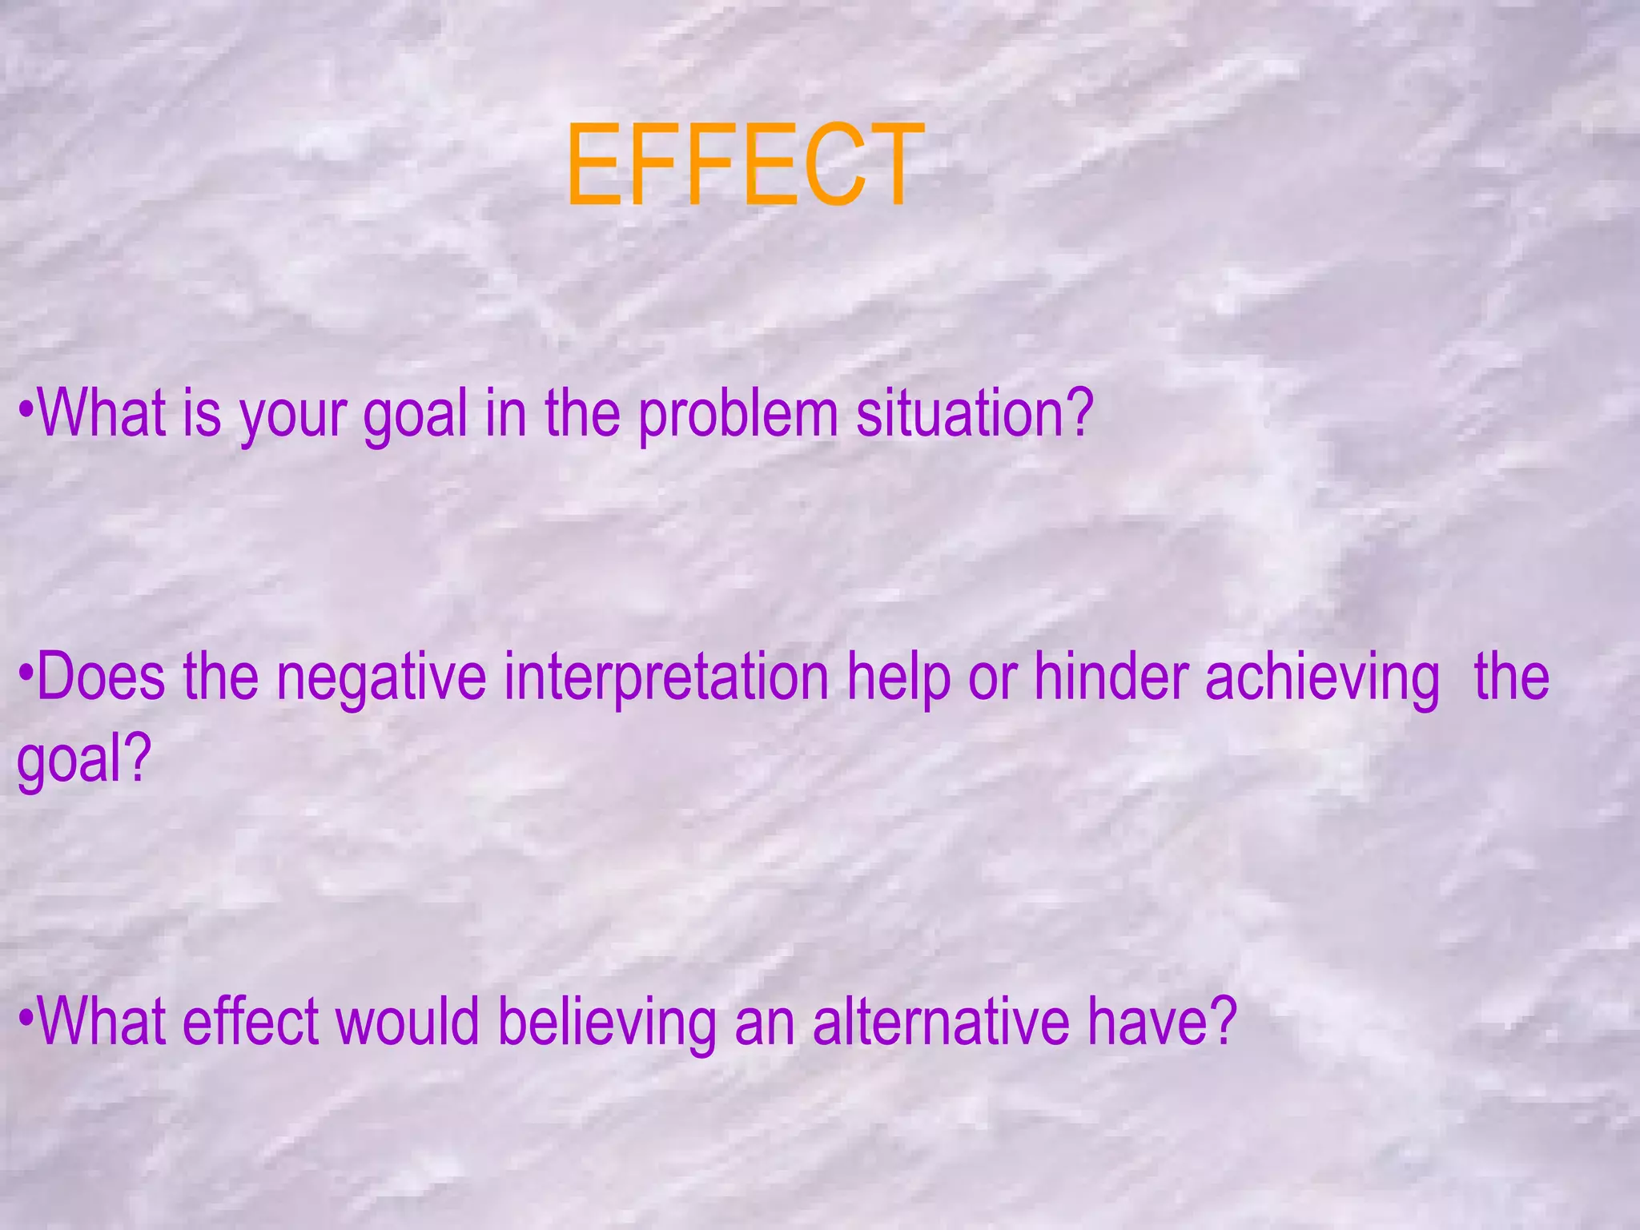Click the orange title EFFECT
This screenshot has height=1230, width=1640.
[743, 165]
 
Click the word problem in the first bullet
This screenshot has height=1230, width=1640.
[738, 416]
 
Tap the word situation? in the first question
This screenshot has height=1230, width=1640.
[974, 414]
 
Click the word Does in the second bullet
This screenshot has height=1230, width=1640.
[101, 677]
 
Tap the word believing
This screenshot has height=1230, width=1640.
[606, 1023]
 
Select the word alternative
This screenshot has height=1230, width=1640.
[940, 1022]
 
